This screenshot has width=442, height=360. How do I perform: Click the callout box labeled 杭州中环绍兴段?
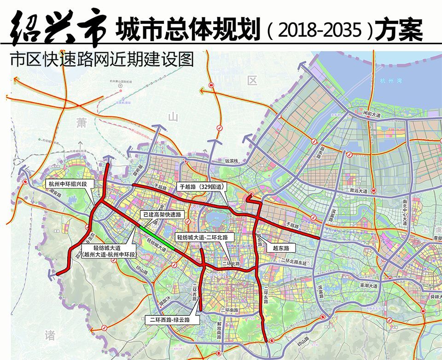tap(71, 184)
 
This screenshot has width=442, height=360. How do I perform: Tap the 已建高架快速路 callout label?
tap(162, 215)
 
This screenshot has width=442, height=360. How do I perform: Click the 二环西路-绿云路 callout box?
tap(172, 319)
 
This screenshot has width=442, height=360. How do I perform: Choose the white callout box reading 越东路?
tap(280, 248)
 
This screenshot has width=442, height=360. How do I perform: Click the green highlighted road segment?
tap(157, 238)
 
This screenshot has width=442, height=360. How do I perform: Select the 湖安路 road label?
tap(55, 195)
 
